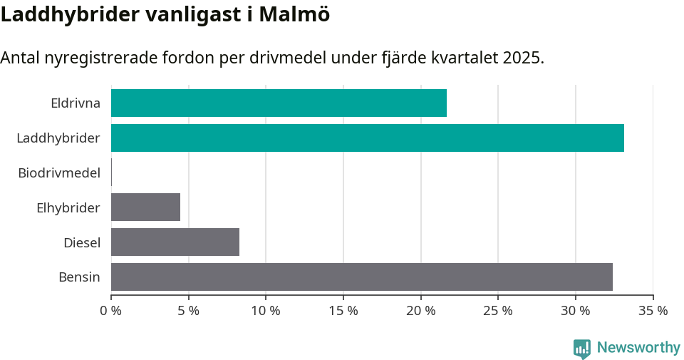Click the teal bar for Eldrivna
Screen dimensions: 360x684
point(279,103)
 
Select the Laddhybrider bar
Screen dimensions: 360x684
point(367,138)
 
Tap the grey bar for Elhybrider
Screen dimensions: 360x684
point(145,207)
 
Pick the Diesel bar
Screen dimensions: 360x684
point(175,242)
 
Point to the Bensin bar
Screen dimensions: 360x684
point(361,277)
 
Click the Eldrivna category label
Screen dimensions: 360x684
point(76,103)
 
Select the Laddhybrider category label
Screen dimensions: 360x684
point(58,138)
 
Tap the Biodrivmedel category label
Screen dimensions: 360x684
point(59,173)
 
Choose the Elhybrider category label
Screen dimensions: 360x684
point(68,207)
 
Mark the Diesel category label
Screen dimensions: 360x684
point(82,242)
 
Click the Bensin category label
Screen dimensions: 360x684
point(79,277)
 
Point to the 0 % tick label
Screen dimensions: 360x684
point(111,311)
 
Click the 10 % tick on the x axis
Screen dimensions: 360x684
point(266,311)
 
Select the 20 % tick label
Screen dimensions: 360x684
point(420,311)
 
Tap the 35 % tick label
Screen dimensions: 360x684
point(653,311)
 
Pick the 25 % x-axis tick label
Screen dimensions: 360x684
point(498,311)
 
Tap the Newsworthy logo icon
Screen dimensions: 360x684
point(581,349)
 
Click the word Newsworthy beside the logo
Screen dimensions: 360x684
point(638,348)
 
